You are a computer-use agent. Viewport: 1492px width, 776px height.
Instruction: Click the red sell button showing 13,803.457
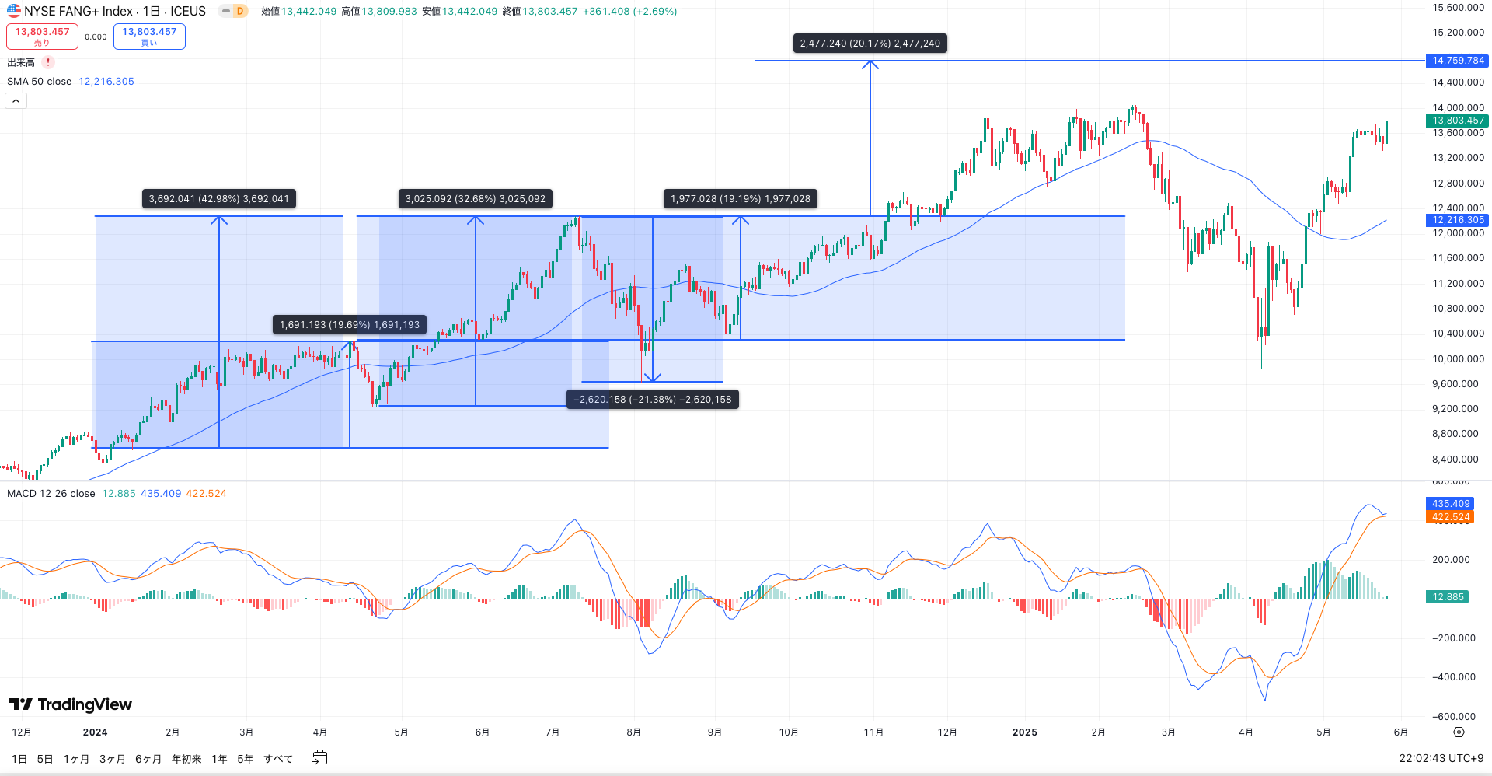click(42, 36)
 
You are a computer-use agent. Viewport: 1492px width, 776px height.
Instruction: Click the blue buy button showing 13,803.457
click(149, 36)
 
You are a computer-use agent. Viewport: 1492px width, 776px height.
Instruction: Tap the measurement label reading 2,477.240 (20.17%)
click(870, 44)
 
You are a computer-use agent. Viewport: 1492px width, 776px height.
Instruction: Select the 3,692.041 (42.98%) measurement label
click(218, 199)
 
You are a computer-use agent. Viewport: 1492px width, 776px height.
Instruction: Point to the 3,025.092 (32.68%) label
click(475, 199)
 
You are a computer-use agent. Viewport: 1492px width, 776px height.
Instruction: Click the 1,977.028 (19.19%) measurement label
click(740, 199)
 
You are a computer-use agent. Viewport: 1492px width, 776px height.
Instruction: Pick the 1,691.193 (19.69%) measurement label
click(349, 325)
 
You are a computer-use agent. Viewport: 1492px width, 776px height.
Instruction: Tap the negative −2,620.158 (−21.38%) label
click(652, 400)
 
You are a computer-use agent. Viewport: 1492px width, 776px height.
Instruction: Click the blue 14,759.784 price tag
click(1457, 61)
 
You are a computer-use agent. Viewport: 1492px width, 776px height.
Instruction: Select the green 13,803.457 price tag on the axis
click(1457, 121)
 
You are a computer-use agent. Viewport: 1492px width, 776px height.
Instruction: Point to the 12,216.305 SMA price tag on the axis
click(1457, 220)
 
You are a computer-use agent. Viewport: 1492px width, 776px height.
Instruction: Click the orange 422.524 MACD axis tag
click(1450, 517)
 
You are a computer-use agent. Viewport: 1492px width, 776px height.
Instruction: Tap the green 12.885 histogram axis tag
click(1447, 597)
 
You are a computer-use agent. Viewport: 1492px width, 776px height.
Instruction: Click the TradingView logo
click(71, 704)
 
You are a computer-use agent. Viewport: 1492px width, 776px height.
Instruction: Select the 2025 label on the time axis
click(1024, 732)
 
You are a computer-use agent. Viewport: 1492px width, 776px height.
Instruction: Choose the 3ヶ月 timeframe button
click(112, 759)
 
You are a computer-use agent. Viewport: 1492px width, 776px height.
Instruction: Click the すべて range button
click(277, 759)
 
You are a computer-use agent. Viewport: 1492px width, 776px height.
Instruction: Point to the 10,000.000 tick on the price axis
click(1458, 358)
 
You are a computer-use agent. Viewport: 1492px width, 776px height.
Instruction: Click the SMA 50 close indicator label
click(39, 82)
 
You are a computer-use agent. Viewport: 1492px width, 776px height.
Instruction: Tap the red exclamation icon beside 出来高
click(48, 62)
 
